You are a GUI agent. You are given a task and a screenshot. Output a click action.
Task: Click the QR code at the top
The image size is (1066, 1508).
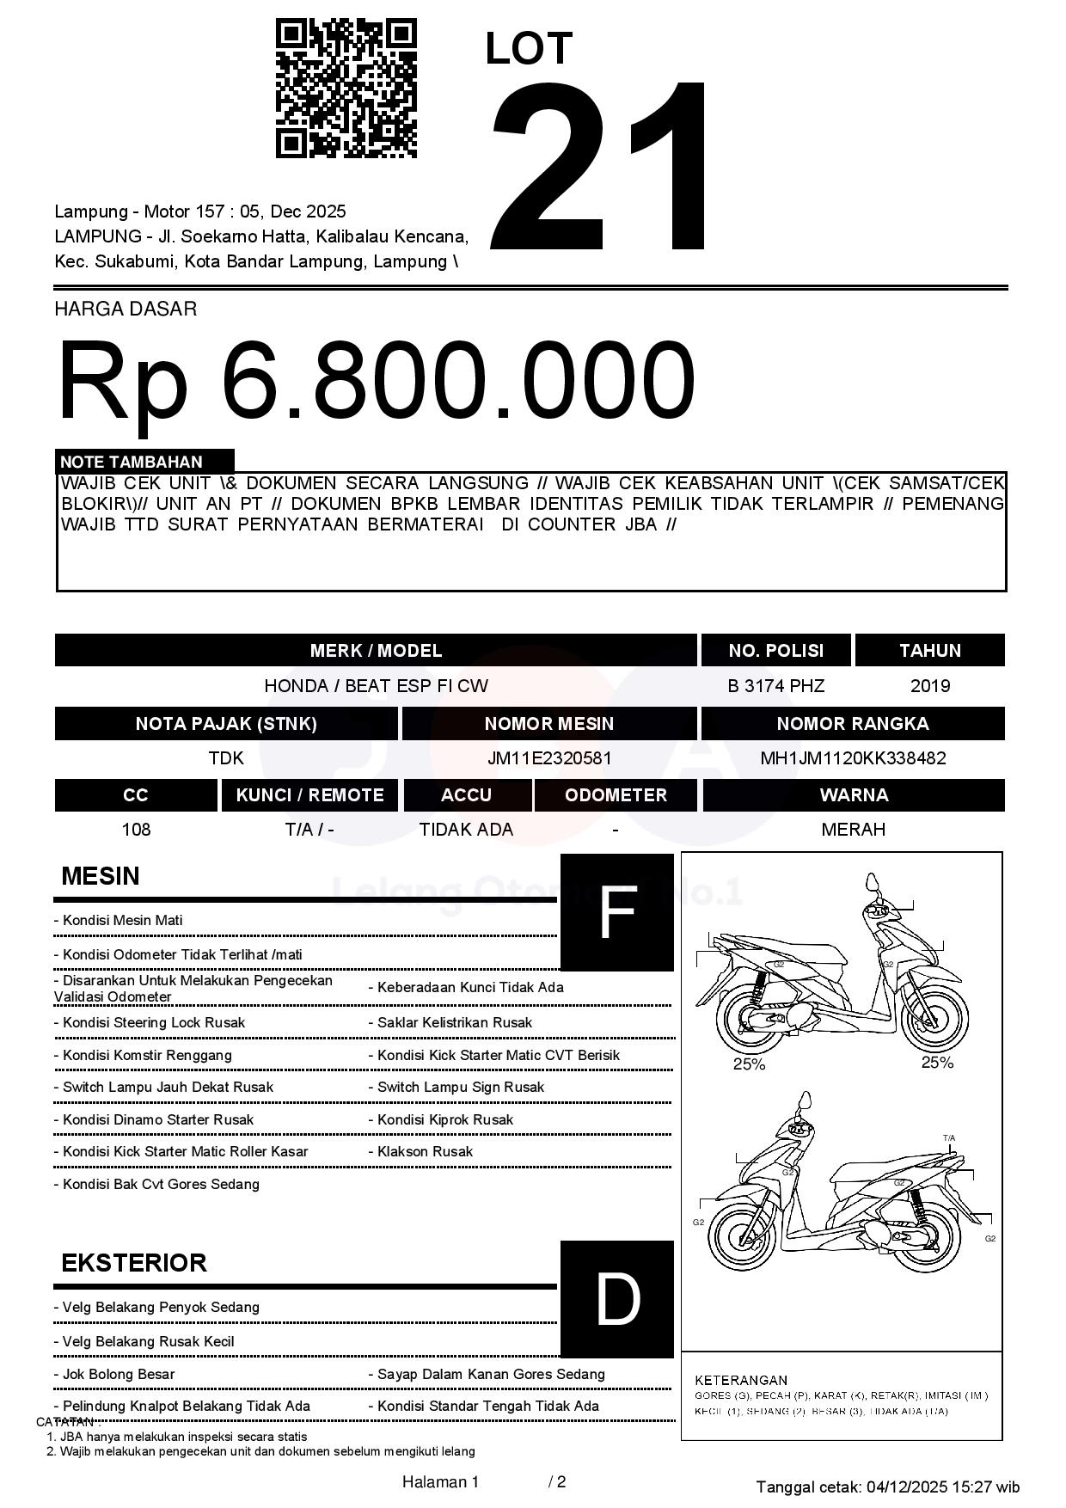click(x=346, y=89)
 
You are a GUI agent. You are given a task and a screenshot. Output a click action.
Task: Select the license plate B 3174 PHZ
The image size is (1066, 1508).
click(x=775, y=686)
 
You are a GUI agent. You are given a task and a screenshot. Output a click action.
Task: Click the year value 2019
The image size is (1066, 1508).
click(x=929, y=686)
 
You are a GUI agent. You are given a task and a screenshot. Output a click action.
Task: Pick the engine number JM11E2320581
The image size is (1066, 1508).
click(x=549, y=758)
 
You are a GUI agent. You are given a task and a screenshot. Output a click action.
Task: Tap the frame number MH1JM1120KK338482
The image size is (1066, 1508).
click(x=853, y=758)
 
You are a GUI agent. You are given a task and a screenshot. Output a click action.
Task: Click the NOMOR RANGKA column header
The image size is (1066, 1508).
click(x=852, y=724)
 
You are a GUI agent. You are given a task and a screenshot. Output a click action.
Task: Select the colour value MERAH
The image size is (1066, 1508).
click(x=853, y=830)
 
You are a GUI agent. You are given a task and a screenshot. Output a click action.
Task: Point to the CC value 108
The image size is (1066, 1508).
click(x=136, y=830)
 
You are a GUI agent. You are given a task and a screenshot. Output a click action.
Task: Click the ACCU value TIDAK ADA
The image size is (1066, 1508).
click(x=466, y=830)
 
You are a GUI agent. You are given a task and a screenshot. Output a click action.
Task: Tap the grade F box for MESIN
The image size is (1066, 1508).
click(x=616, y=912)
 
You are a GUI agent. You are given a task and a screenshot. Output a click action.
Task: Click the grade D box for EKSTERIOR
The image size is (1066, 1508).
click(x=616, y=1299)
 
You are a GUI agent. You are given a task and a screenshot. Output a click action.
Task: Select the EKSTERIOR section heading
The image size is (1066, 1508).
click(x=134, y=1263)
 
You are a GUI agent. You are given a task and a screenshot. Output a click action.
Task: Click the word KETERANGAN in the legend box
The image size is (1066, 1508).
click(x=741, y=1380)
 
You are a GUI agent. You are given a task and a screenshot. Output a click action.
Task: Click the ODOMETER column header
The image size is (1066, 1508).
click(x=616, y=795)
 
